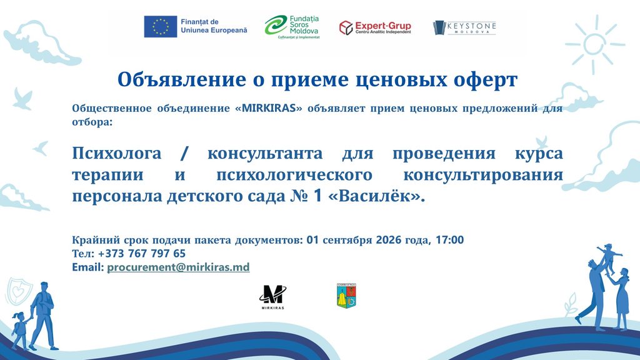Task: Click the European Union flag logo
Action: tap(161, 26)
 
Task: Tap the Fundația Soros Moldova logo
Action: tap(292, 27)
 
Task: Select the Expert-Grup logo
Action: tap(375, 27)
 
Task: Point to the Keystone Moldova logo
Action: tap(464, 27)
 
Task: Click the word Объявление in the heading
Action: tap(182, 79)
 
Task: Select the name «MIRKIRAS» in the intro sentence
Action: tap(269, 109)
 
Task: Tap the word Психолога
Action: tap(117, 154)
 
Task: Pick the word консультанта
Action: tap(265, 154)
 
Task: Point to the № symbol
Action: tap(299, 196)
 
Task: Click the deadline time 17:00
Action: tap(450, 239)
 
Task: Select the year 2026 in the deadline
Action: tap(388, 239)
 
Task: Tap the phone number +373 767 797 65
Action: tap(142, 254)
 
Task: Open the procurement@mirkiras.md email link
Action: tap(178, 267)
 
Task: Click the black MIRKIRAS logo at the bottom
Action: tap(272, 297)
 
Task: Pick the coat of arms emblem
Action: tap(346, 296)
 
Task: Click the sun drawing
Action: tap(595, 44)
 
